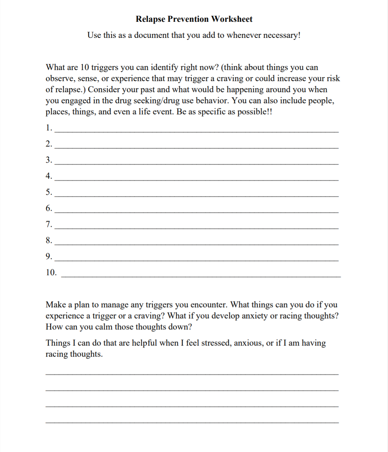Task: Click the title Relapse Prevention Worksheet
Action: (x=194, y=19)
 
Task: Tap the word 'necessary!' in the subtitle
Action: (x=282, y=35)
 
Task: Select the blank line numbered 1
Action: (x=196, y=131)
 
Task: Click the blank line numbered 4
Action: (x=196, y=180)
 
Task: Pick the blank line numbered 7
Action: (x=196, y=228)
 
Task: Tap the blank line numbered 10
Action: (x=201, y=276)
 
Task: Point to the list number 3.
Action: (x=49, y=160)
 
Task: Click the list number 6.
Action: (x=49, y=208)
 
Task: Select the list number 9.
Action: (x=49, y=256)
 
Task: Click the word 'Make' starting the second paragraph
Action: (x=55, y=305)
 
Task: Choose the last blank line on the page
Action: (x=192, y=422)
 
